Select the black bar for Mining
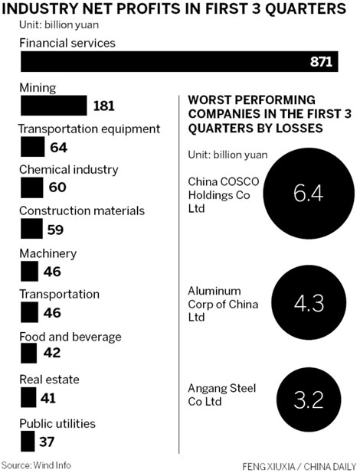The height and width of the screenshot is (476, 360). tap(53, 105)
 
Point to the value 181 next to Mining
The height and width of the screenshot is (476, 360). tap(103, 106)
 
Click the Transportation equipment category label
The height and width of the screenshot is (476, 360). tap(89, 129)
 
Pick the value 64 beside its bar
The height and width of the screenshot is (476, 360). tap(58, 147)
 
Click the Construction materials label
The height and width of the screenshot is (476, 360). tap(81, 211)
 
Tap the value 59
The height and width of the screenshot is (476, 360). tap(57, 229)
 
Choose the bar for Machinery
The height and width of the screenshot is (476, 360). tap(28, 270)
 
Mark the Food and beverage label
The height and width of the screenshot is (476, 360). tap(70, 336)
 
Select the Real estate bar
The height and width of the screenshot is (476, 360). tap(28, 396)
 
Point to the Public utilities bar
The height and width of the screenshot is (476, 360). tap(27, 441)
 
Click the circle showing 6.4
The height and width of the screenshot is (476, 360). tap(309, 194)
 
